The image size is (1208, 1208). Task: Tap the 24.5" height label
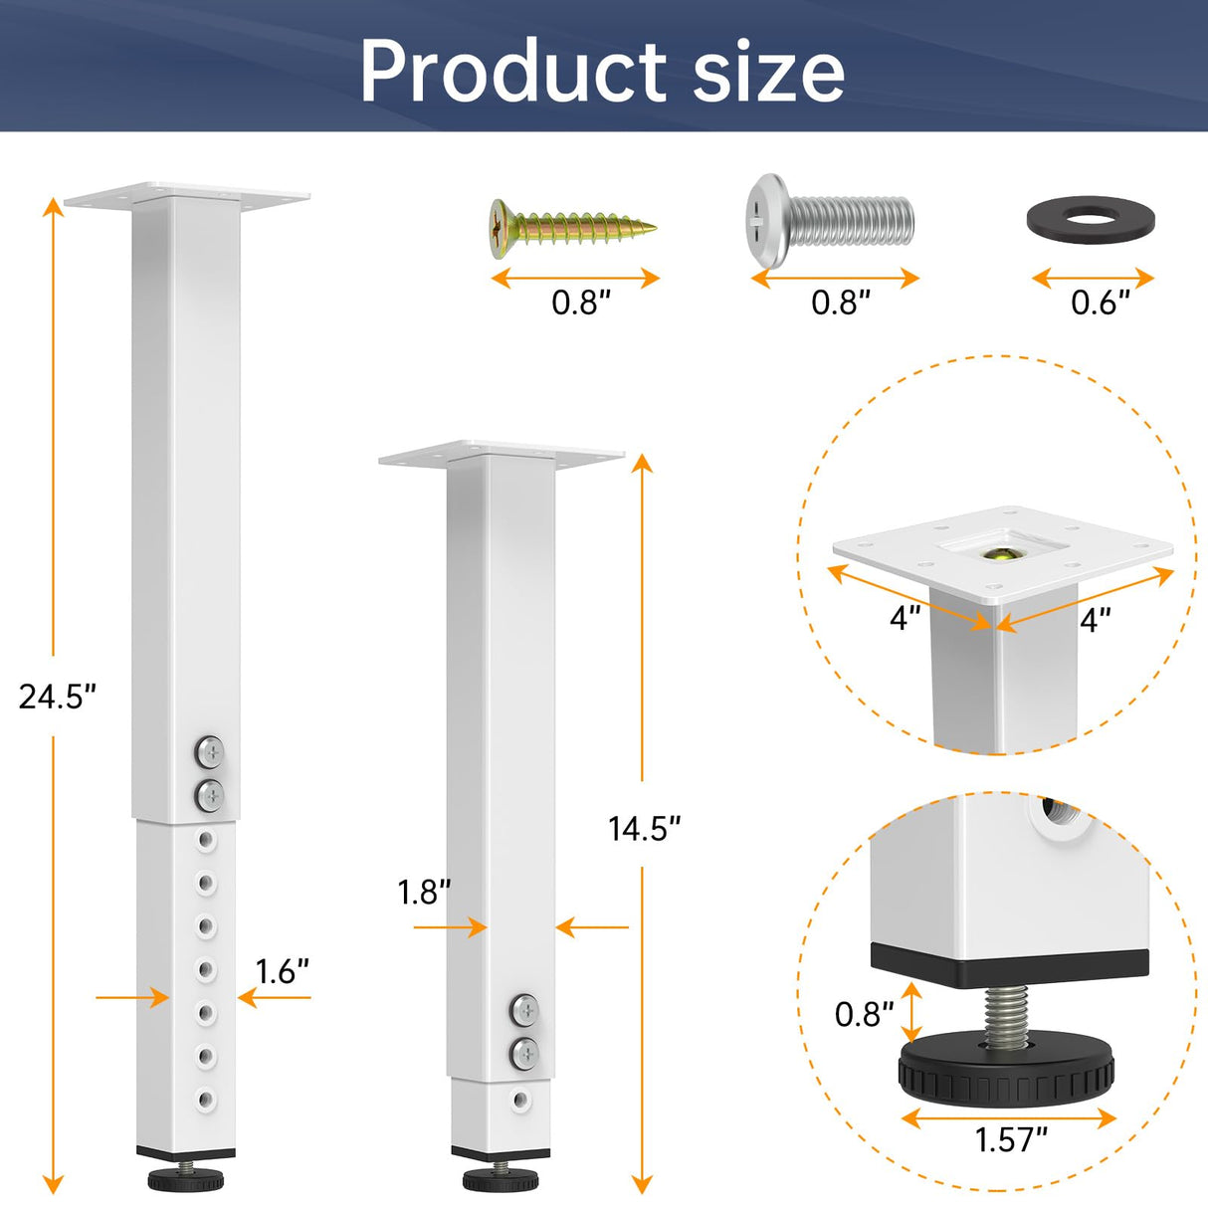(x=57, y=697)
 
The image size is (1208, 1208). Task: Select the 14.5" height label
(x=645, y=828)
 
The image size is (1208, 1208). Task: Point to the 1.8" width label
(x=425, y=893)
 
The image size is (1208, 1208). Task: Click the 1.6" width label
(x=283, y=971)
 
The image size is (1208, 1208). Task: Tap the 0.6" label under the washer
(x=1101, y=302)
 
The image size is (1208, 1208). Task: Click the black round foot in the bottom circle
(x=1005, y=1075)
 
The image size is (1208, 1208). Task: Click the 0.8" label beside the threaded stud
(x=864, y=1015)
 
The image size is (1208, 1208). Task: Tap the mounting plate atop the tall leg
(x=187, y=195)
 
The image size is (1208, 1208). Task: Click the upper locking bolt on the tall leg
(x=210, y=751)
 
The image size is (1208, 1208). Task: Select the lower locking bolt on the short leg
(x=524, y=1052)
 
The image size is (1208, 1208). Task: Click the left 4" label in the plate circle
(x=905, y=619)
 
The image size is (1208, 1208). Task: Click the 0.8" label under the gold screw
(x=581, y=302)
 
